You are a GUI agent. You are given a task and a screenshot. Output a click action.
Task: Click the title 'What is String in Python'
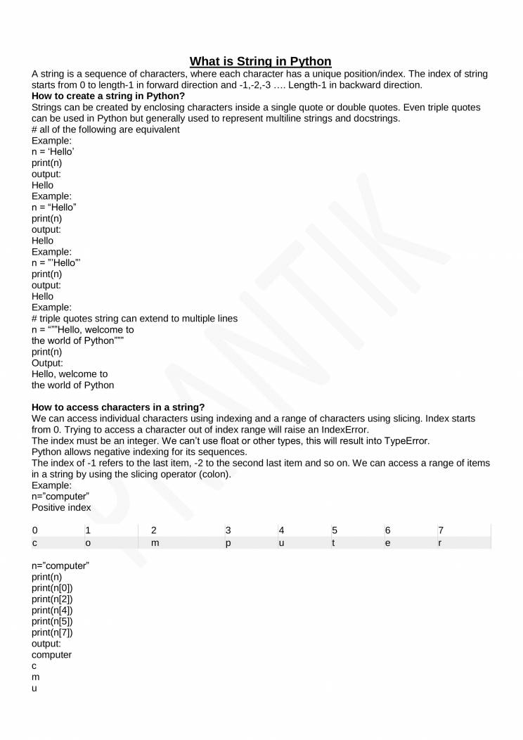[x=261, y=61]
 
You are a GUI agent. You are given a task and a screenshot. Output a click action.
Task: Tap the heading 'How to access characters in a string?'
[x=118, y=407]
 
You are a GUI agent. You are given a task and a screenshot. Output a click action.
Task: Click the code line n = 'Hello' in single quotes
[x=53, y=152]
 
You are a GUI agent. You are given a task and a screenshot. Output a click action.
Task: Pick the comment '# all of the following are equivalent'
[x=105, y=129]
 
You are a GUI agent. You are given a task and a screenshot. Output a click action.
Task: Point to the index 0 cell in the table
[x=34, y=530]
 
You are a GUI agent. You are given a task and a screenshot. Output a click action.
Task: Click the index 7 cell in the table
[x=441, y=530]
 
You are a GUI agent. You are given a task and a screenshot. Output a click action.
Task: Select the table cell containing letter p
[x=228, y=542]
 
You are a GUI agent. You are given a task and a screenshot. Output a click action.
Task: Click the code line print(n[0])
[x=52, y=587]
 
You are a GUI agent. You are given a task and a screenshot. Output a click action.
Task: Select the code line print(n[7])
[x=52, y=632]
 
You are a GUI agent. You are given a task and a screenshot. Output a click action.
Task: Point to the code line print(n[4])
[x=52, y=610]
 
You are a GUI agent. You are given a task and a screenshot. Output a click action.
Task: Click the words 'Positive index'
[x=61, y=507]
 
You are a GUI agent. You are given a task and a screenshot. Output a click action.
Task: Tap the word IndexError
[x=344, y=430]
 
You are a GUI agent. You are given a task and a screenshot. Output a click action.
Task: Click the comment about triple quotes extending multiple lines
[x=134, y=319]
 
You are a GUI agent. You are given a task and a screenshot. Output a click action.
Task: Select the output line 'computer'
[x=51, y=655]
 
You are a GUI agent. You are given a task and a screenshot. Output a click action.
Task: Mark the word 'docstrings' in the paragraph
[x=375, y=118]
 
